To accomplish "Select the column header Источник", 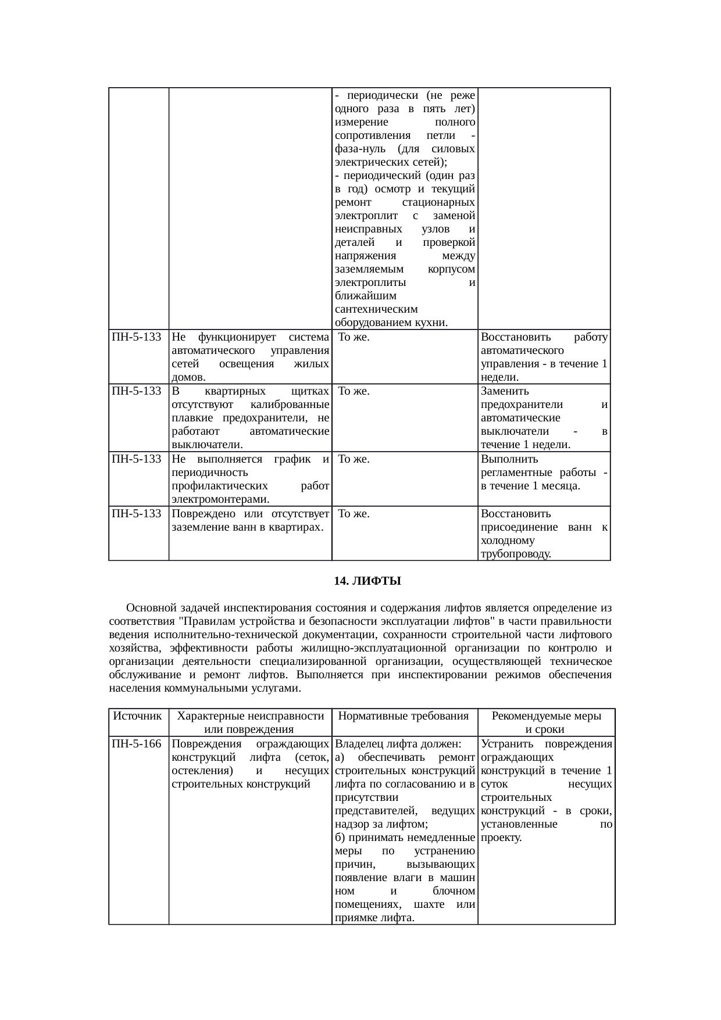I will pos(138,716).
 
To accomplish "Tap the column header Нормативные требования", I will pos(404,716).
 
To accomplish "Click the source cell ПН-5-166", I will pos(137,743).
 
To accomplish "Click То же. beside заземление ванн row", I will pos(354,514).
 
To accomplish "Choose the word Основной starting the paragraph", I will pos(151,608).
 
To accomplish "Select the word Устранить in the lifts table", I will pos(505,743).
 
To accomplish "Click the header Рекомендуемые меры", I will pos(546,716).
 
